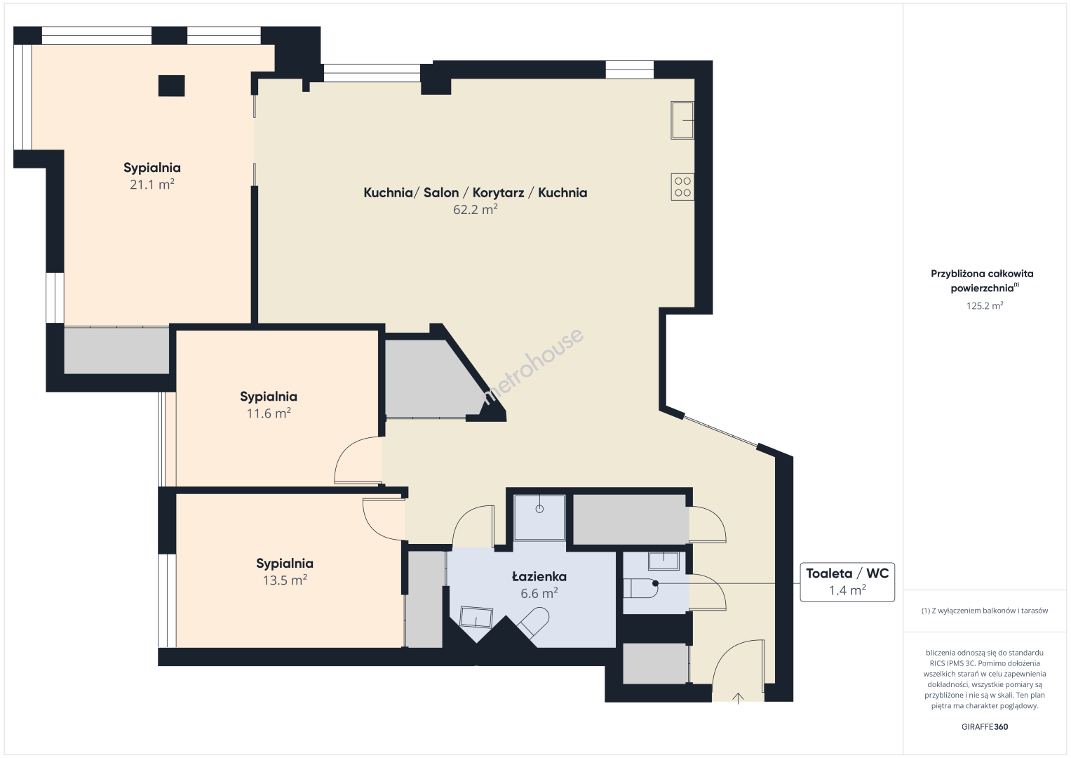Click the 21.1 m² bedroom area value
coord(152,184)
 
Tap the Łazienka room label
coord(539,577)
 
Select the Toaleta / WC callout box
coord(847,582)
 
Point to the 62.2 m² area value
coord(476,209)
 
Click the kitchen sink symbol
coord(682,120)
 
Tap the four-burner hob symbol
coord(682,187)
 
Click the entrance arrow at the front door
coord(739,698)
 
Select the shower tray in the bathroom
coord(539,517)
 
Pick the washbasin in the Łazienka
coord(476,617)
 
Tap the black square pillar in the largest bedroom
coord(172,86)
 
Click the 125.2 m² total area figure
coord(985,305)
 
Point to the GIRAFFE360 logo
coord(985,726)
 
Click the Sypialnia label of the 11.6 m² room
coord(268,397)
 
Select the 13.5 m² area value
coord(285,580)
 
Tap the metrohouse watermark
coord(532,366)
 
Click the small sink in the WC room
coord(664,561)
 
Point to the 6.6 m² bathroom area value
coord(539,593)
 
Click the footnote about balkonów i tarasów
coord(985,611)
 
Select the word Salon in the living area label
coord(441,192)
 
